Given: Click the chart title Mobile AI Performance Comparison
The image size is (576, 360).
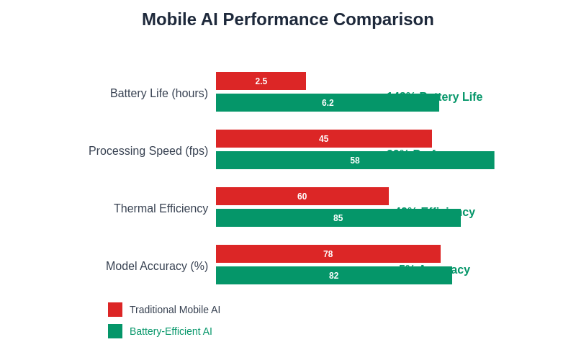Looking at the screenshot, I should [x=288, y=19].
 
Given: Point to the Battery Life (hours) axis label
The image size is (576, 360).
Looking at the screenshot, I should [x=159, y=94].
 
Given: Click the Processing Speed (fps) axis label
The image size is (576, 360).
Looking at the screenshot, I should [x=148, y=151].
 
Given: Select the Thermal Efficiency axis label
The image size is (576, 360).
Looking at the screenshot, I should [x=161, y=209].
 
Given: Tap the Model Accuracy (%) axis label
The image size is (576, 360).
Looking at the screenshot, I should [x=157, y=266].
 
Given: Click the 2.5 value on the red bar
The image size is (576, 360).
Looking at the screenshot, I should [x=261, y=81].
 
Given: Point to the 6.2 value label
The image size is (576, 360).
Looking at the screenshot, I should [x=328, y=103].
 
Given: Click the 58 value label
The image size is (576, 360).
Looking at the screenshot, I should [x=355, y=161].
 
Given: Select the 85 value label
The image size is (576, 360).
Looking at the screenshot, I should [x=338, y=218].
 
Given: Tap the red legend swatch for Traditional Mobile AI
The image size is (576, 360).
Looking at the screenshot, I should [x=115, y=310].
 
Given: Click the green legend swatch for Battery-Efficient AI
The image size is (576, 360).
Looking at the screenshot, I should [x=115, y=331].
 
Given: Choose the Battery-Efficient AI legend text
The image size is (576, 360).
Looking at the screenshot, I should [x=171, y=331].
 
